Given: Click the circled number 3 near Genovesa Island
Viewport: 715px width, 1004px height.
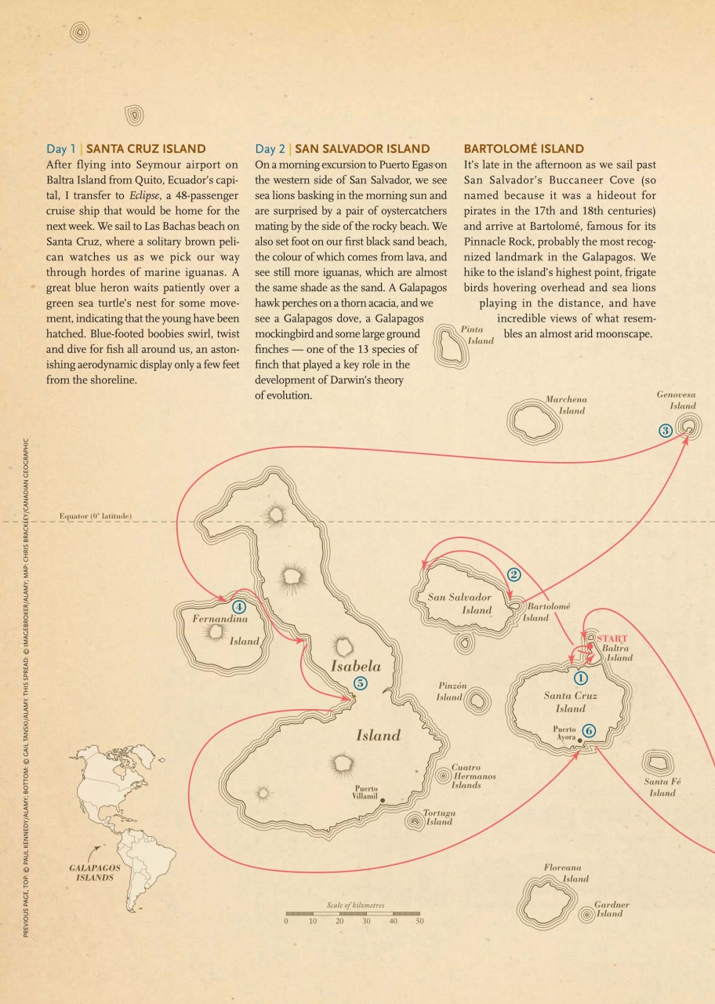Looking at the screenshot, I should click(665, 430).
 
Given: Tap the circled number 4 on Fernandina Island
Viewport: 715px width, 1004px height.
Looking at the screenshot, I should click(238, 606).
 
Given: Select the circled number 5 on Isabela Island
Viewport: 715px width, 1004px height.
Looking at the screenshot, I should click(360, 682).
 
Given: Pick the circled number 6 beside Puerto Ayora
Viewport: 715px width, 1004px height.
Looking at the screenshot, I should click(589, 730).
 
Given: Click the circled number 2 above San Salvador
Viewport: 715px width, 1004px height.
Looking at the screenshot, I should click(514, 574).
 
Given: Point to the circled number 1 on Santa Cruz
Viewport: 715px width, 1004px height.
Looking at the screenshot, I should click(581, 678).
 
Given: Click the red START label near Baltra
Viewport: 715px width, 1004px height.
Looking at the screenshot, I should click(613, 638).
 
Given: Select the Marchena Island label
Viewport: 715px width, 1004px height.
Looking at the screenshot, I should click(567, 405).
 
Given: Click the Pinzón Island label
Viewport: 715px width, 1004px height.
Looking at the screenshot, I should click(451, 691).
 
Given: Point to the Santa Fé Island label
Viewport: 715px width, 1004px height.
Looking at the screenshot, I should click(661, 787).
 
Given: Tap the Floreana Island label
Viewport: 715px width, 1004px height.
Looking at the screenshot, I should click(566, 873).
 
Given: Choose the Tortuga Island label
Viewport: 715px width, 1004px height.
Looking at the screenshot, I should click(439, 817).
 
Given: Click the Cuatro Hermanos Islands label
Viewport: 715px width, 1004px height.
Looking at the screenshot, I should click(474, 776).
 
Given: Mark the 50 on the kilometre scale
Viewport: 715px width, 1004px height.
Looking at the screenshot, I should click(419, 922).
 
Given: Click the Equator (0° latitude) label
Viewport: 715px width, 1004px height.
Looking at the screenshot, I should click(96, 516).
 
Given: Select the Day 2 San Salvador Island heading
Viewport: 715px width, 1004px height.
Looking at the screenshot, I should click(343, 148).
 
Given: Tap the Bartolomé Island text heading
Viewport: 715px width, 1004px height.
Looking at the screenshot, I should click(524, 148).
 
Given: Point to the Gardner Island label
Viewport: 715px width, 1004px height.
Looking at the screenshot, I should click(611, 909).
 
